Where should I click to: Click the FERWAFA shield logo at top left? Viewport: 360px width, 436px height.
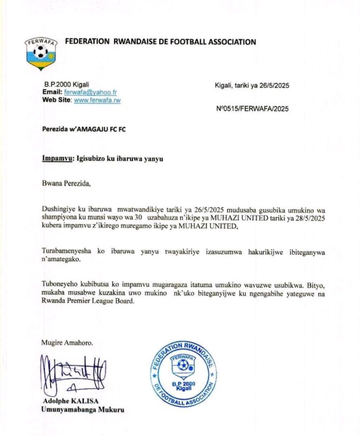[41, 53]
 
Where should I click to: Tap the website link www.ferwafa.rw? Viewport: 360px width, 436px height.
[97, 100]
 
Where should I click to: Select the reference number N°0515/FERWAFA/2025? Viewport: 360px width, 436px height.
[252, 109]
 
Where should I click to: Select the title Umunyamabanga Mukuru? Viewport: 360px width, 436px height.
[82, 410]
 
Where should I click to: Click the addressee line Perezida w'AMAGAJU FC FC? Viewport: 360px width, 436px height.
[84, 129]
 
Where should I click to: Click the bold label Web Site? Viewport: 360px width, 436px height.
[57, 100]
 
